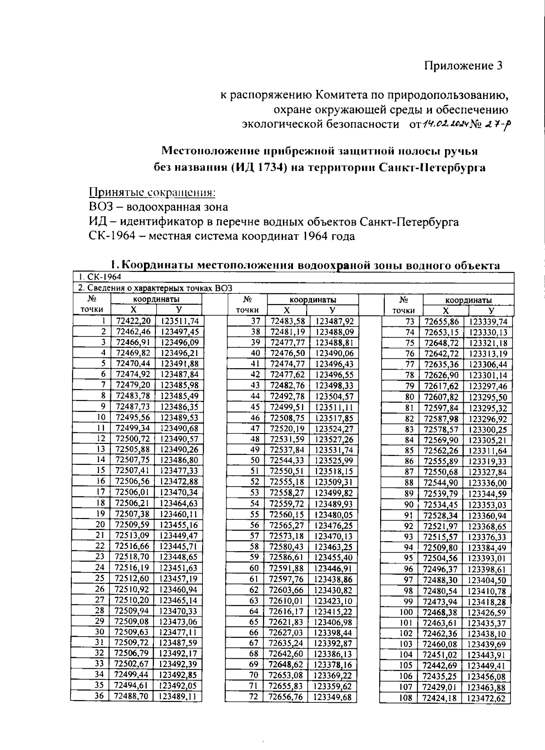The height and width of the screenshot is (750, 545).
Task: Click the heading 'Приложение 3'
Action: (x=464, y=66)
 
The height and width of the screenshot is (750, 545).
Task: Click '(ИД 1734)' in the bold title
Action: (x=260, y=168)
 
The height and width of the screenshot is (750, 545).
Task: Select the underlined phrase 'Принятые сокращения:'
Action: (x=152, y=192)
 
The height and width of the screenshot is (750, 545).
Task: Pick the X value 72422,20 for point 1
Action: (x=133, y=321)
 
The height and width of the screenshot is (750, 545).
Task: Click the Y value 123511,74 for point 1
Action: (x=179, y=321)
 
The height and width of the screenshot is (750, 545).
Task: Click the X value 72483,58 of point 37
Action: (x=287, y=321)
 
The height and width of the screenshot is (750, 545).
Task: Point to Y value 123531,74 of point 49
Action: (x=334, y=450)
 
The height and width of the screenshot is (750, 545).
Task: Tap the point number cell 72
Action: (x=254, y=696)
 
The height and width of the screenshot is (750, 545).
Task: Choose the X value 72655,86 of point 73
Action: (x=441, y=322)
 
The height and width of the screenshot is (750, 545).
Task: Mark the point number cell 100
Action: (x=406, y=612)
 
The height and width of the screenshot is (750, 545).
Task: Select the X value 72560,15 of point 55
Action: (x=287, y=514)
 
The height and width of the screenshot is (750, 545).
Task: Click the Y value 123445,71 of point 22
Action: (x=178, y=546)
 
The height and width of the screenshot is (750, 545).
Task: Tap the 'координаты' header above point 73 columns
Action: (x=468, y=300)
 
